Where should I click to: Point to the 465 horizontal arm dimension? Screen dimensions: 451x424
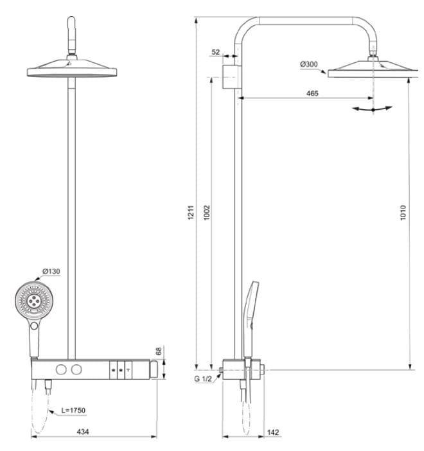click(312, 93)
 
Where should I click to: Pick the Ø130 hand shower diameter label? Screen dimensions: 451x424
click(51, 271)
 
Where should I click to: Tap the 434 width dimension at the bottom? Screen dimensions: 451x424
click(83, 432)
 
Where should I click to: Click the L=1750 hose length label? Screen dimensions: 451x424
click(75, 410)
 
